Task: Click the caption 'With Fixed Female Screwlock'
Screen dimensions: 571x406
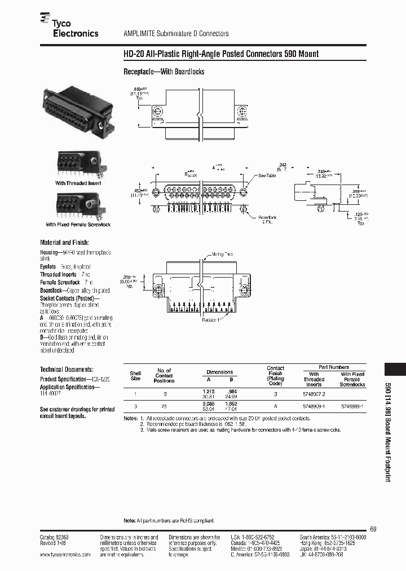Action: (78, 225)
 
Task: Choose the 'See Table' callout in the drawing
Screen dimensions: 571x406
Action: (267, 176)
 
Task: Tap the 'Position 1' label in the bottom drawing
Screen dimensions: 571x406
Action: (213, 320)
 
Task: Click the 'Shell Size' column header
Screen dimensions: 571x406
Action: (135, 376)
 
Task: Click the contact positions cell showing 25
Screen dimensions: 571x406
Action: (164, 406)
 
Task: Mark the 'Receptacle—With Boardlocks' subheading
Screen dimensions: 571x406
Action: (164, 72)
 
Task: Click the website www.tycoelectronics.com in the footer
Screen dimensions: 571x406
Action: (65, 555)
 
